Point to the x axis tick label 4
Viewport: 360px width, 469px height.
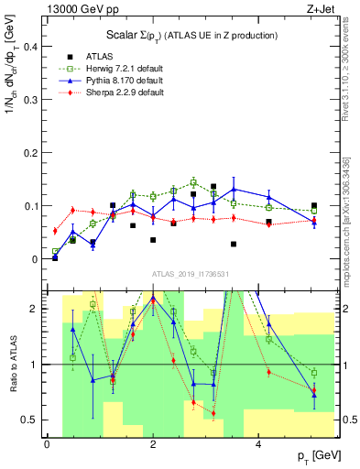(x=258, y=444)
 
